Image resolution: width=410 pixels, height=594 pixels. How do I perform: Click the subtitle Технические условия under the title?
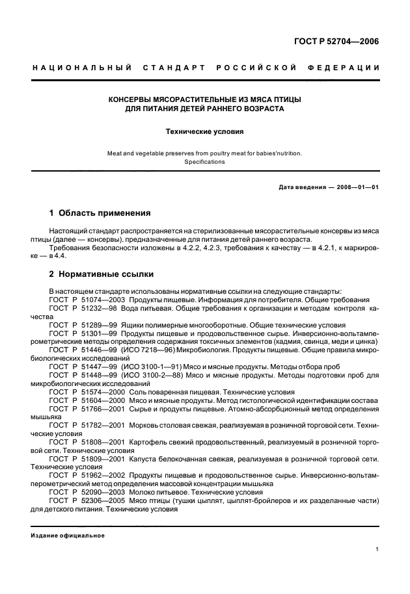204,131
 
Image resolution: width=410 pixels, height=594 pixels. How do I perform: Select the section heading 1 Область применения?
100,213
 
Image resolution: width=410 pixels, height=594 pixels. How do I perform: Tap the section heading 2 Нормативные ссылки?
102,274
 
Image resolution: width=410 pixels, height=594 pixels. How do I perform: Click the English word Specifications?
204,162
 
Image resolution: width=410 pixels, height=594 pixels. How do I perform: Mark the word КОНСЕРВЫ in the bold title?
130,99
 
